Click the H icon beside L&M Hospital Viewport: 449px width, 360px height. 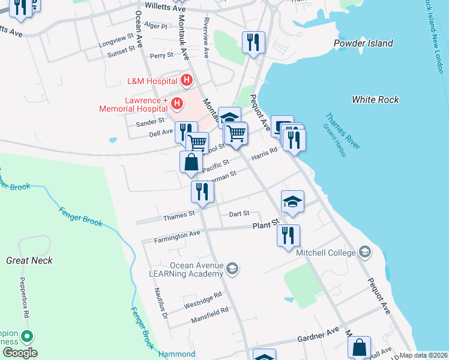point(187,80)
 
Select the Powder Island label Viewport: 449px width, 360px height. point(364,43)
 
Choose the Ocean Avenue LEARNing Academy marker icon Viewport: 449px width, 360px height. point(233,269)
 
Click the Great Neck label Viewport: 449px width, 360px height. point(29,260)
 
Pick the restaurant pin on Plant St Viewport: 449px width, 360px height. point(289,235)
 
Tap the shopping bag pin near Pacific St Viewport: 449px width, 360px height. point(190,163)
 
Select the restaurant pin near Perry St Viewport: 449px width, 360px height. point(253,42)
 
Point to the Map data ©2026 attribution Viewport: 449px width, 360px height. point(423,355)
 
